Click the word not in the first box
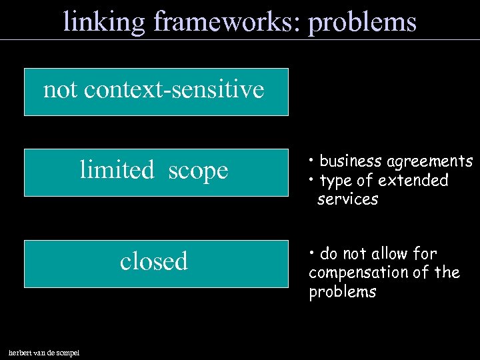(60, 89)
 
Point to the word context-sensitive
(174, 89)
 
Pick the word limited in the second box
(117, 170)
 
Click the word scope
(198, 171)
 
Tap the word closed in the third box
(154, 261)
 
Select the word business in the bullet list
(351, 161)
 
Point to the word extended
(413, 181)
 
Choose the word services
(347, 199)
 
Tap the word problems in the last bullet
(342, 292)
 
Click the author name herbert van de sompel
(43, 352)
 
